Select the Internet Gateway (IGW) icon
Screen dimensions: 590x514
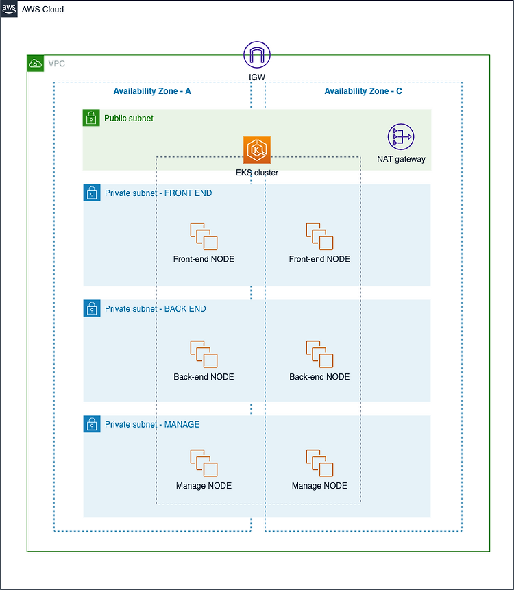(x=257, y=54)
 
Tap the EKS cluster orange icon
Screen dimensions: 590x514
(x=257, y=150)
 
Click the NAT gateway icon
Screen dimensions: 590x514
(x=401, y=138)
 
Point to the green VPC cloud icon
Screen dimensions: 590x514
(x=36, y=64)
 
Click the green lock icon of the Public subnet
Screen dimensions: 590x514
(x=92, y=118)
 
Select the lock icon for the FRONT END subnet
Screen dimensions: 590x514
(x=92, y=193)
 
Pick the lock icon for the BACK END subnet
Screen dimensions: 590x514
(x=92, y=308)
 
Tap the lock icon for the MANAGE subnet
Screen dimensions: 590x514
(x=92, y=424)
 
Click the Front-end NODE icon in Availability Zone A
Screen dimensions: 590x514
(x=204, y=236)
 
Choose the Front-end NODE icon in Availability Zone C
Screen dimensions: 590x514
(x=319, y=236)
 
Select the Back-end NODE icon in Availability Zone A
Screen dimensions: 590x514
(x=204, y=354)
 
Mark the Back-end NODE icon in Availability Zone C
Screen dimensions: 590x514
(x=319, y=354)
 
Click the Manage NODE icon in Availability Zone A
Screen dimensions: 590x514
(x=204, y=463)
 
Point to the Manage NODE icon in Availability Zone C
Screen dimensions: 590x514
(x=319, y=463)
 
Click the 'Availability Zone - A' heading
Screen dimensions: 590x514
(x=152, y=91)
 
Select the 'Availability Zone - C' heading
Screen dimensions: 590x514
(x=363, y=91)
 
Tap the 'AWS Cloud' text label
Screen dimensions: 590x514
(x=42, y=10)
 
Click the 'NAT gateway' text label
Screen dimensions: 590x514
(x=401, y=159)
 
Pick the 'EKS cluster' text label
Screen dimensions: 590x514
(x=257, y=173)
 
